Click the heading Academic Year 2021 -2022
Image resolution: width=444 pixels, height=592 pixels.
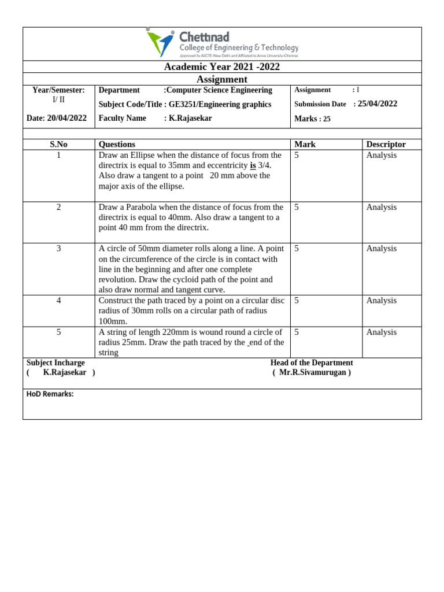222,67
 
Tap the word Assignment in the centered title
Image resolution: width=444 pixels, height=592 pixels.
222,79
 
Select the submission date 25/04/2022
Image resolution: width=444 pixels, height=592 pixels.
378,104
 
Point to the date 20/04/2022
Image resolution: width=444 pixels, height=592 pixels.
67,118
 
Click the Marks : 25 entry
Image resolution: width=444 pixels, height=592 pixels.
312,119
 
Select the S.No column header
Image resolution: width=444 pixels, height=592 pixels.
58,145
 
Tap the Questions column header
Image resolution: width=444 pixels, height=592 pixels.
117,145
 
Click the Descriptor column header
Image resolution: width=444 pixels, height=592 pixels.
386,145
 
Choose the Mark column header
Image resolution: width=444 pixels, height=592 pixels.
305,145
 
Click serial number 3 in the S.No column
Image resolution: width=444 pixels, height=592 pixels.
58,249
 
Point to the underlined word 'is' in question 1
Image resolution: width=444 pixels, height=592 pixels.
253,165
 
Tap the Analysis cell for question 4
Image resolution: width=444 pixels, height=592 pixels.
381,301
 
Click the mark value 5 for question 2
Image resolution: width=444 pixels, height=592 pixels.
297,207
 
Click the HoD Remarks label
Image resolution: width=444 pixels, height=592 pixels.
50,394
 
